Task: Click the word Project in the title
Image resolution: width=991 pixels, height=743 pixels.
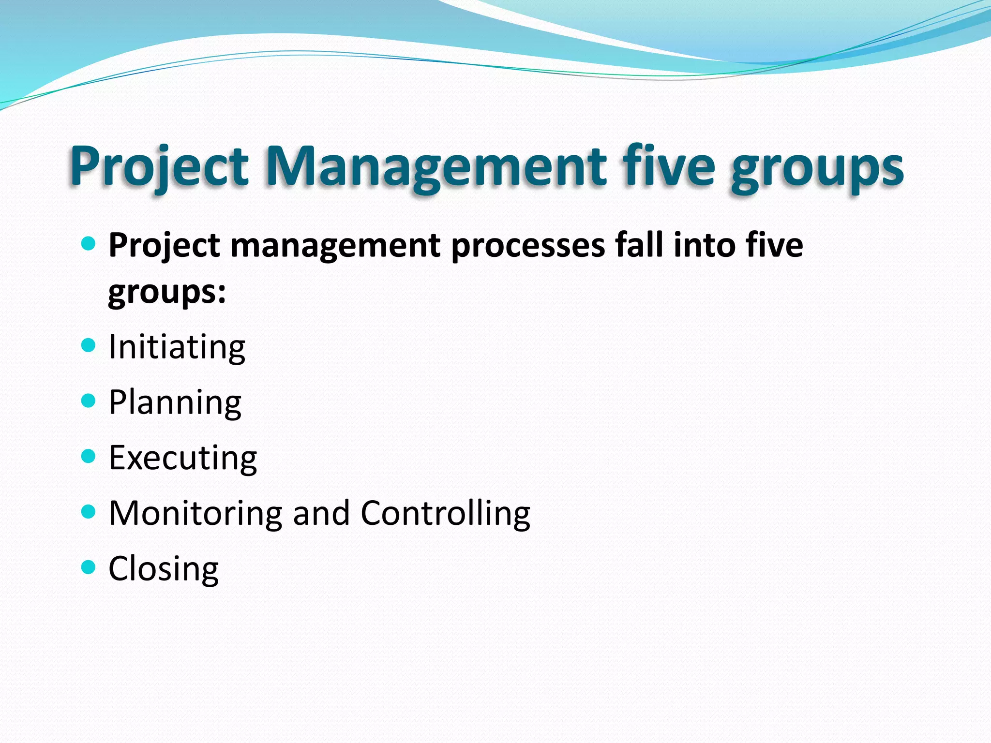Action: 160,167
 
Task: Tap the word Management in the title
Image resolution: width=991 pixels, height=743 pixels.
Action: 436,167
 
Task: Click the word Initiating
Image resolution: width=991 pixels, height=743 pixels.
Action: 177,347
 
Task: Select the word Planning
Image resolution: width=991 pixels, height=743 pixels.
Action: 175,403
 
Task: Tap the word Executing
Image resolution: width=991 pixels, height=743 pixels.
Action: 183,458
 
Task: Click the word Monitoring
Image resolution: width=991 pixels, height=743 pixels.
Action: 195,514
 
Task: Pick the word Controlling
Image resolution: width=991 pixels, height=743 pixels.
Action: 445,514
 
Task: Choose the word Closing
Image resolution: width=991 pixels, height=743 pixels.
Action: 164,569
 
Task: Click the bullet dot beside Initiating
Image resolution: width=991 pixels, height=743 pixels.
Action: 88,345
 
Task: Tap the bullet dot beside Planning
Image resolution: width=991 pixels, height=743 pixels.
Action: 88,401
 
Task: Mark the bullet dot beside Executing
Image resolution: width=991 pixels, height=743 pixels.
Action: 88,456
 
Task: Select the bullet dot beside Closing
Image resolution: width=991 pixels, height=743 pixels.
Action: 88,567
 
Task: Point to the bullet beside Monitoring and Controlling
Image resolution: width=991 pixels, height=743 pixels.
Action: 88,511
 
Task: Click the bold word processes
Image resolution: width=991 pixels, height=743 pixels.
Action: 528,246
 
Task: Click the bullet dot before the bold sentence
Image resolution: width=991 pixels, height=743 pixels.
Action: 88,243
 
